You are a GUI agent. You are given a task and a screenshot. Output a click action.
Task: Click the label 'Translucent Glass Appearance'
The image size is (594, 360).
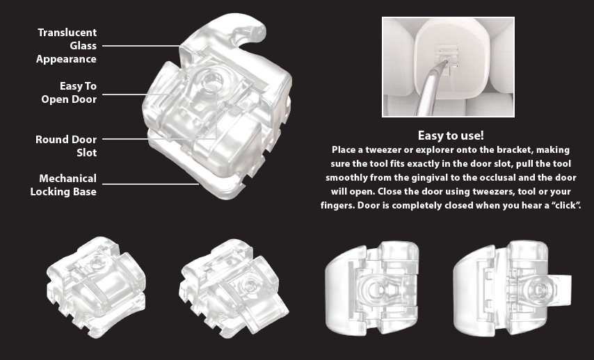pos(67,46)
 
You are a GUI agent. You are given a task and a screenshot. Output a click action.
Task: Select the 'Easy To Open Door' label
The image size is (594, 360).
pos(69,92)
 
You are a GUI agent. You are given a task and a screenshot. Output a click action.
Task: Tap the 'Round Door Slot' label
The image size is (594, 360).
pos(66,146)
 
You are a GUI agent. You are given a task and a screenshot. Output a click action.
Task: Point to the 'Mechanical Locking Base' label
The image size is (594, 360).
pos(63,185)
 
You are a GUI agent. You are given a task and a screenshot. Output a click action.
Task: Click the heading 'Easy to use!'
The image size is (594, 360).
pos(451,136)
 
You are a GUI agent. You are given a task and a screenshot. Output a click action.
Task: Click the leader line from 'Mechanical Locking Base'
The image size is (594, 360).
pos(151,184)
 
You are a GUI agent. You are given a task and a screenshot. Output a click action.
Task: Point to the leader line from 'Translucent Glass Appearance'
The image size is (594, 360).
pos(141,46)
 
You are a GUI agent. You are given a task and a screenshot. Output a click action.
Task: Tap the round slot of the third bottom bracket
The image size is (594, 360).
pos(376,289)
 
